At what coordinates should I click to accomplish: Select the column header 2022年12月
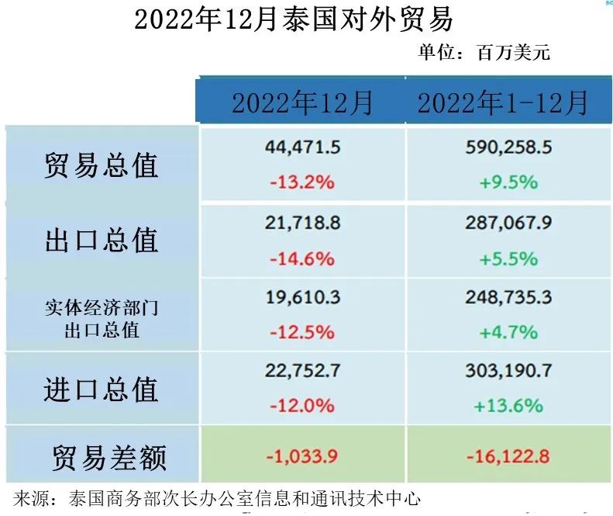pos(302,102)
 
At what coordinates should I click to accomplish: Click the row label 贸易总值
pos(101,165)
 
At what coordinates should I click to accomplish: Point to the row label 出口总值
pos(101,241)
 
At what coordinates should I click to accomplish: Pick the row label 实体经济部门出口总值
pos(101,317)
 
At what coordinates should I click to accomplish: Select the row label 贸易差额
pos(108,457)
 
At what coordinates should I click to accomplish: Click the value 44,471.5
pos(302,147)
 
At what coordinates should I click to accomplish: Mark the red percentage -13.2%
pos(302,183)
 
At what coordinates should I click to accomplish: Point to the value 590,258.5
pos(508,147)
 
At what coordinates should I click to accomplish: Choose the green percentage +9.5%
pos(508,183)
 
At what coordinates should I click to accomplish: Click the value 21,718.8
pos(302,223)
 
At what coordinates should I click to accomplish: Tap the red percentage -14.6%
pos(302,258)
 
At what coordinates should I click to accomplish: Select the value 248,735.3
pos(508,296)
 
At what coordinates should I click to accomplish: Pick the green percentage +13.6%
pos(508,406)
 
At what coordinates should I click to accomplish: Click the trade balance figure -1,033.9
pos(302,456)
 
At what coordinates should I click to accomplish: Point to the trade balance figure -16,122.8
pos(508,456)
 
